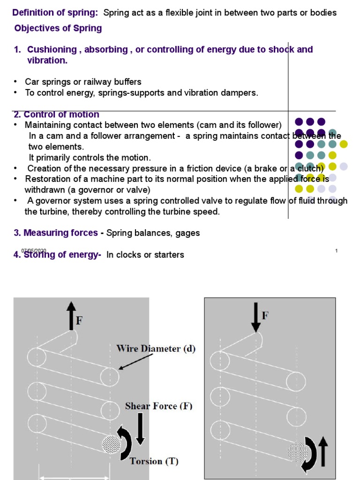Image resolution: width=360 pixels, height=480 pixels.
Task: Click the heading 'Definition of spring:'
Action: tap(55, 13)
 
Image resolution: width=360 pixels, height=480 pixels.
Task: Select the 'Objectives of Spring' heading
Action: tap(58, 28)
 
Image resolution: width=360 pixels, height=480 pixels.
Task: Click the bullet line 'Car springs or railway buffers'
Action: tap(83, 82)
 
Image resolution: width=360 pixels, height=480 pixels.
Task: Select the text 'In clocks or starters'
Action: tap(145, 255)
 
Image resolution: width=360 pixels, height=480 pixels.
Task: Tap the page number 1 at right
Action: tap(337, 251)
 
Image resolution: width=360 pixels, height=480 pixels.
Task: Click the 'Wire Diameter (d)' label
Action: tap(156, 349)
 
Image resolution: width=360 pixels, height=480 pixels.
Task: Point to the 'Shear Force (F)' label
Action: tap(158, 406)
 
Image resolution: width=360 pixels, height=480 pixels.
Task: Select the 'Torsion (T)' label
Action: tap(154, 461)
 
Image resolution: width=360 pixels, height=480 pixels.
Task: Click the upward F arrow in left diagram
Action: tap(71, 315)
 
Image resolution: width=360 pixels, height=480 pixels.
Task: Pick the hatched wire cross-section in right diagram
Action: tap(298, 452)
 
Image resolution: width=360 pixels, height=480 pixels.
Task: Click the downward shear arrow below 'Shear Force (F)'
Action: tap(140, 429)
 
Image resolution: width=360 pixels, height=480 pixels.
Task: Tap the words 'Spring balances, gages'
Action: tap(153, 233)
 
